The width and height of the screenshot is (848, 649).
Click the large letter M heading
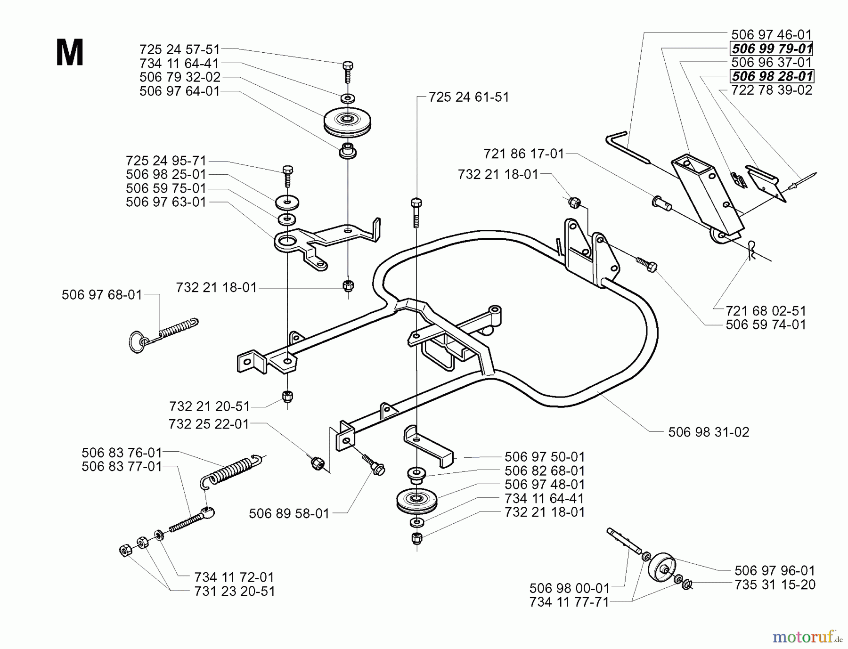69,53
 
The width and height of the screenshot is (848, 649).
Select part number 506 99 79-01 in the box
772,49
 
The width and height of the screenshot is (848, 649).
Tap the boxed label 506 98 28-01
772,76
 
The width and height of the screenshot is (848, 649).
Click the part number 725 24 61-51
469,97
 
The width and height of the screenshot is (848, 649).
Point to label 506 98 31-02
709,432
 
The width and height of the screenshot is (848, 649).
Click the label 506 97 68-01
102,295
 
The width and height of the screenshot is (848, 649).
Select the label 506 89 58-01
289,513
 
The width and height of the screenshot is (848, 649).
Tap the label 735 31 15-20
775,585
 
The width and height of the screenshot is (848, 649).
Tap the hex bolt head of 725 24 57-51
348,66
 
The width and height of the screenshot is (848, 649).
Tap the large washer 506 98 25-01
287,203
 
